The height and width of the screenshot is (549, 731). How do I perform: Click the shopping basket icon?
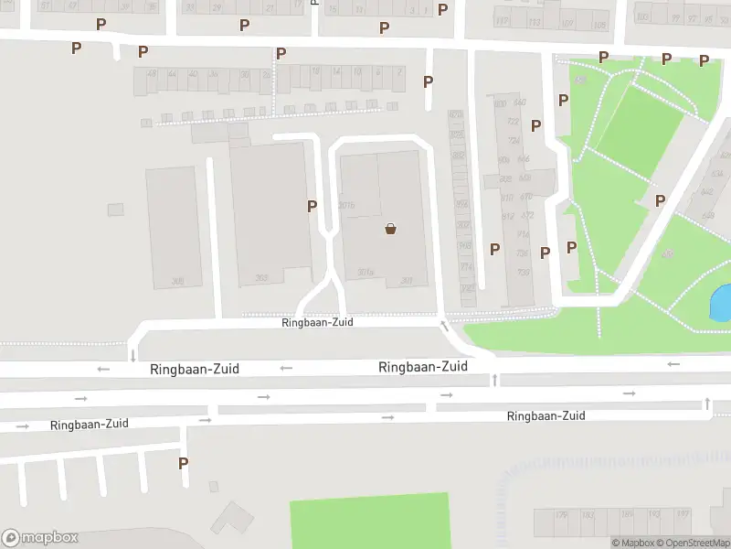tap(391, 229)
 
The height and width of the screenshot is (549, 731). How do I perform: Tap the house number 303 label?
tap(261, 277)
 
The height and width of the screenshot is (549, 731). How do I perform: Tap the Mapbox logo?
tap(40, 538)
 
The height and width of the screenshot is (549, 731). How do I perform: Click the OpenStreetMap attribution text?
tap(697, 544)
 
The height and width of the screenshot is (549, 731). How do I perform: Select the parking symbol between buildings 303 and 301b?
tap(313, 207)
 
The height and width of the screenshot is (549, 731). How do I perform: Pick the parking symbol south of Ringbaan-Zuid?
tap(183, 463)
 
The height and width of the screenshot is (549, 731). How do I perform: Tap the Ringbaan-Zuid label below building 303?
tap(317, 322)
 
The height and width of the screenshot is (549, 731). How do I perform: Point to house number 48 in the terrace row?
tap(152, 74)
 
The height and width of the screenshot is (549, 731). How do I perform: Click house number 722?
tap(513, 121)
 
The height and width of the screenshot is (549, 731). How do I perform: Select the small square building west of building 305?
tap(115, 210)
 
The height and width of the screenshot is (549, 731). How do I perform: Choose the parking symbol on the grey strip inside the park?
tap(660, 200)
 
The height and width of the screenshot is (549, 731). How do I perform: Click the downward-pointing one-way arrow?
tap(132, 355)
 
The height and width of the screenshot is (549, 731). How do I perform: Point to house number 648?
tap(524, 158)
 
